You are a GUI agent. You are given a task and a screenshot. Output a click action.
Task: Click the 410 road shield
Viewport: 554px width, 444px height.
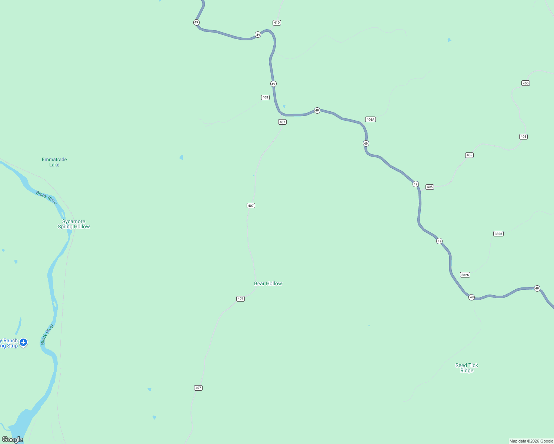point(277,23)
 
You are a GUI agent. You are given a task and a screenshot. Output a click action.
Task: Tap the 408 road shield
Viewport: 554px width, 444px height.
point(265,97)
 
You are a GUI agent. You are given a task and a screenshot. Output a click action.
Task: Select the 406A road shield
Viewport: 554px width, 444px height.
point(370,119)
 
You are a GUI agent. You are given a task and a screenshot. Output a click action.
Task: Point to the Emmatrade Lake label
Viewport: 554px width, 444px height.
point(54,162)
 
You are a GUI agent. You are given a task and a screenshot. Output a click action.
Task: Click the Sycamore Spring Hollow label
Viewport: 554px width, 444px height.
point(74,224)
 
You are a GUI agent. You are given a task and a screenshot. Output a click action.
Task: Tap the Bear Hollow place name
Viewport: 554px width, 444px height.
point(268,283)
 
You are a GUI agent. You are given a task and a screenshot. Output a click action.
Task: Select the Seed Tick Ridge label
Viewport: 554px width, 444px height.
point(467,368)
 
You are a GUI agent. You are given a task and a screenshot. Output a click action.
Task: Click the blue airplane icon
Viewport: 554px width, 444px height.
point(23,342)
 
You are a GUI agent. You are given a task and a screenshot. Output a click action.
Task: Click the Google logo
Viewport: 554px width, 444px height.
point(13,439)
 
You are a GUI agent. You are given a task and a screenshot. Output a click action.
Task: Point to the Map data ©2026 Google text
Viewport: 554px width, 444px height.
point(531,441)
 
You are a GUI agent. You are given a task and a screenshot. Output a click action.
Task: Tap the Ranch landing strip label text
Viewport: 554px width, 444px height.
point(9,343)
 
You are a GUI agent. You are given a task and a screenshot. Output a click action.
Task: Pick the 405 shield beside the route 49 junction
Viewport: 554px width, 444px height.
point(430,187)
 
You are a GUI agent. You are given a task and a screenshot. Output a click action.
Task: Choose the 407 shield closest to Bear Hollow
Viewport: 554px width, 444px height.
point(240,299)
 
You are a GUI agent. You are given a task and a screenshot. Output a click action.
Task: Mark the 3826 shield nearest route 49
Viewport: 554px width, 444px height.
point(465,275)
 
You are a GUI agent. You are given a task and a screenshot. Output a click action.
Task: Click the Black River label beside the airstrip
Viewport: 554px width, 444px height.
point(47,334)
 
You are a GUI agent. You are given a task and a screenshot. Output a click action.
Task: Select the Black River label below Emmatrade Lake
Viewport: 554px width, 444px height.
point(46,198)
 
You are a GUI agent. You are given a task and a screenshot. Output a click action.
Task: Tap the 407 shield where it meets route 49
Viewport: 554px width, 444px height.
point(282,122)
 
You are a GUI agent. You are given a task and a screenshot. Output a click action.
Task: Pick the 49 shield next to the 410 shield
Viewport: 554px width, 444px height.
point(258,35)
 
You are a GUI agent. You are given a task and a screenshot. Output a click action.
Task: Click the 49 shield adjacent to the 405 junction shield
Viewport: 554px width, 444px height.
point(415,184)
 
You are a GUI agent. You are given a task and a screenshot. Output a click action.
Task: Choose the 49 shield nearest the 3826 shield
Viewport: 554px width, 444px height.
point(471,297)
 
